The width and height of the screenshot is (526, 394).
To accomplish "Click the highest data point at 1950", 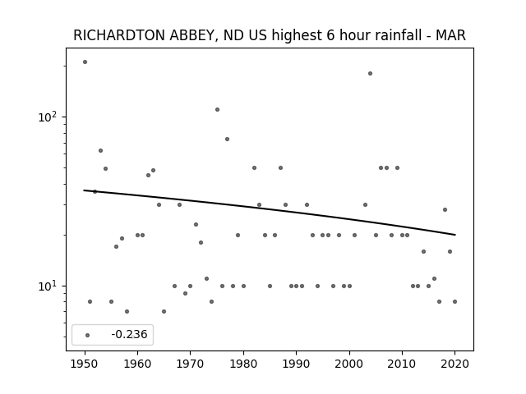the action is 85,62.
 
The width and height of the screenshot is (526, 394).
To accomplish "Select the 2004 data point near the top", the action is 370,73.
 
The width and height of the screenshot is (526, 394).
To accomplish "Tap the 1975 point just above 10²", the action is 217,109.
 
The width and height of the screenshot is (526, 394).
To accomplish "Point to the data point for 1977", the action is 227,139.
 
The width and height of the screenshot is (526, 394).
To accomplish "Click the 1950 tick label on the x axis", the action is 85,364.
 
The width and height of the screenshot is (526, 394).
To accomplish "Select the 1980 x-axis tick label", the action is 243,364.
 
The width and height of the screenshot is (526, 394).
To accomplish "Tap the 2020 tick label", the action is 454,364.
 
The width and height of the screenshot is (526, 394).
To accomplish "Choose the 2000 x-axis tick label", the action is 349,364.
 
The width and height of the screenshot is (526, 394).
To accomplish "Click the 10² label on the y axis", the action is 48,117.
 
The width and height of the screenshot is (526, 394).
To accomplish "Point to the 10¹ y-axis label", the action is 48,286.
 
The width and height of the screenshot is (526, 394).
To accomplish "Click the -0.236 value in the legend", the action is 129,334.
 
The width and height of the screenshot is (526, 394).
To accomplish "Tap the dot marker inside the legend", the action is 88,335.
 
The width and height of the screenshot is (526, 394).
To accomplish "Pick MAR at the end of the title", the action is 451,35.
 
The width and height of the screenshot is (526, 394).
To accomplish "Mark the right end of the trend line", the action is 455,235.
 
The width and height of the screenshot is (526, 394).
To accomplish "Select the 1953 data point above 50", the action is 100,150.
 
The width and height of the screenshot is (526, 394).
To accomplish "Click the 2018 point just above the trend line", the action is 445,210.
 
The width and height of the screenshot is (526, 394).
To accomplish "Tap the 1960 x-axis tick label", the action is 137,364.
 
